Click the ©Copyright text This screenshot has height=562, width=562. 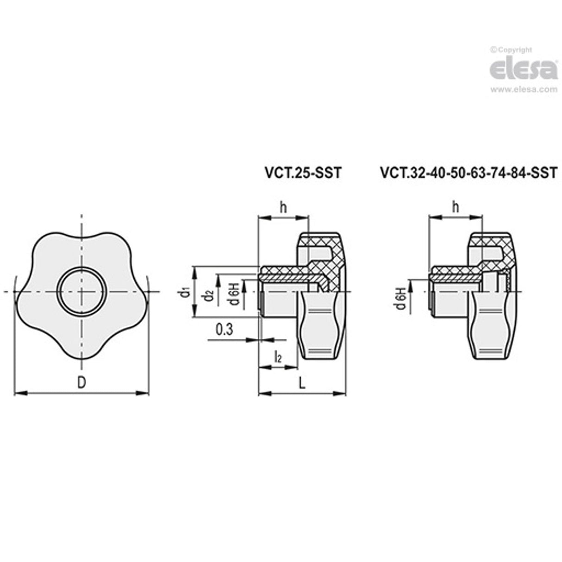pos(511,50)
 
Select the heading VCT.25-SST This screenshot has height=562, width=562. pos(302,173)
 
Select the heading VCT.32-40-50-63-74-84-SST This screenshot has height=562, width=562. pos(468,173)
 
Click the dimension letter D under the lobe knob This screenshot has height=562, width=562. pos(81,382)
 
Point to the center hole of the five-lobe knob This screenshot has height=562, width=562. pos(81,291)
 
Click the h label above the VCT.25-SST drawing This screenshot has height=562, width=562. pos(283,208)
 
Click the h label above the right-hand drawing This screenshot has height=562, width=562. pos(456,208)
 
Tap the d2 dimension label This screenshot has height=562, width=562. pos(209,295)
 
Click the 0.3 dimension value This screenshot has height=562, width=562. pos(225,330)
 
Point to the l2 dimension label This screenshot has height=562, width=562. pos(277,357)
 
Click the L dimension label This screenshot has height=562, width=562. pos(302,383)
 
